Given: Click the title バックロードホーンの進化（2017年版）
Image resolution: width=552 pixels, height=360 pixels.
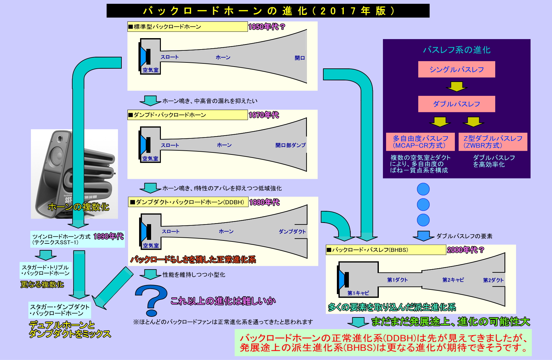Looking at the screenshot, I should (x=268, y=11).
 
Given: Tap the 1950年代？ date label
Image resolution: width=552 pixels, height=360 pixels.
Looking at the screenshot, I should (x=267, y=27).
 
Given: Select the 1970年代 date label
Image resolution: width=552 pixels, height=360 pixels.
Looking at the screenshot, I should (x=264, y=115).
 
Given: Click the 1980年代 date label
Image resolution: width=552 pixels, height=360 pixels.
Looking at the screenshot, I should (x=264, y=202).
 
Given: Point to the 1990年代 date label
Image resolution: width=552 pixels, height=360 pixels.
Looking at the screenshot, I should (x=109, y=236).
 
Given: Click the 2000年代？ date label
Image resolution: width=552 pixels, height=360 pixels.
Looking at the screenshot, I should (x=465, y=250).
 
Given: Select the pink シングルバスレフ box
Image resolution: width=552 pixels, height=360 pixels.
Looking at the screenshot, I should (x=456, y=69).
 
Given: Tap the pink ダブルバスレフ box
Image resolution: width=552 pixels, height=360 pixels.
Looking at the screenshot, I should (x=456, y=104).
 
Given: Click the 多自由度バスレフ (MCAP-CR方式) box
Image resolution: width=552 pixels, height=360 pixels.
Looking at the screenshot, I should (x=420, y=142).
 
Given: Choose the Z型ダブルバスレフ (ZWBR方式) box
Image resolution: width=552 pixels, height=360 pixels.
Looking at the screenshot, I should (x=493, y=142).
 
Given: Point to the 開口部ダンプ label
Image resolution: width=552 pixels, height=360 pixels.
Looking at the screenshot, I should (x=291, y=145).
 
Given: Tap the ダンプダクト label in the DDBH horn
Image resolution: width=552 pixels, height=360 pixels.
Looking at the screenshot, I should (x=292, y=231).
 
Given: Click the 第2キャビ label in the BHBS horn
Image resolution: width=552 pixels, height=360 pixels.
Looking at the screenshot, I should (x=453, y=280).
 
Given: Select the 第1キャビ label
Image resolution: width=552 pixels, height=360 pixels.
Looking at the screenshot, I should (x=358, y=293).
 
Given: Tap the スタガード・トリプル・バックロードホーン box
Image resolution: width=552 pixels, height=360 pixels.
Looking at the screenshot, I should (x=45, y=270).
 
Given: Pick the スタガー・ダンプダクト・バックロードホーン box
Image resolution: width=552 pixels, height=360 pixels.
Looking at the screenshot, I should (x=60, y=310).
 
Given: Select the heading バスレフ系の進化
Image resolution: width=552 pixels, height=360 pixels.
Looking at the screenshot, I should (x=456, y=50).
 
